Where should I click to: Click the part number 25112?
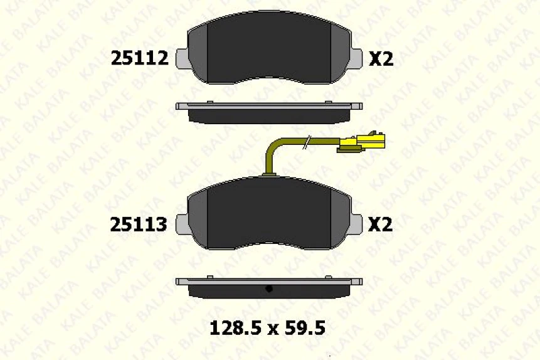(x=139, y=58)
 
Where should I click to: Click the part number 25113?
(x=139, y=224)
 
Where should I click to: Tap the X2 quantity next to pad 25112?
(x=380, y=58)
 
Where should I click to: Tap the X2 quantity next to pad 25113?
(x=380, y=224)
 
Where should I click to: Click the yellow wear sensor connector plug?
(x=362, y=142)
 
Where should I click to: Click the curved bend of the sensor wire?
(x=272, y=149)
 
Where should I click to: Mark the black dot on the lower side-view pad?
(x=268, y=289)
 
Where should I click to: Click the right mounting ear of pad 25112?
(x=356, y=58)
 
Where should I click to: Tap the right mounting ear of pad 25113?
(x=356, y=224)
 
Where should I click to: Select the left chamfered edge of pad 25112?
(x=198, y=53)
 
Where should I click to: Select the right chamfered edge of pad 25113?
(x=339, y=220)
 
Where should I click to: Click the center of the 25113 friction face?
(x=269, y=216)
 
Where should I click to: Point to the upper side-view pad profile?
(x=269, y=113)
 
